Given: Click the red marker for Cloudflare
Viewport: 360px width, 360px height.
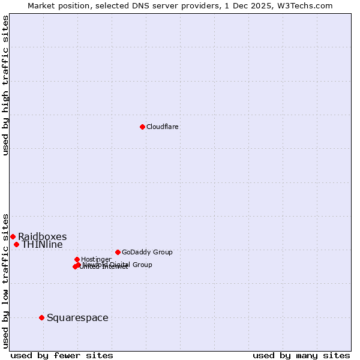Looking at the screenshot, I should tap(142, 127).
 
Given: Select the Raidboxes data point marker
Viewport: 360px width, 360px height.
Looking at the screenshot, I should tap(13, 236).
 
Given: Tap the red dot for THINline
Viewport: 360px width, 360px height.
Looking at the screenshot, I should tap(16, 244).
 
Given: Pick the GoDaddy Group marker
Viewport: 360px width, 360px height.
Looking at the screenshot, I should tap(118, 252).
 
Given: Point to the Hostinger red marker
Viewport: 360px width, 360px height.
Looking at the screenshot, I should tap(77, 259).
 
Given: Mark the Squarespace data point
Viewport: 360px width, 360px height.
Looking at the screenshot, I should tap(41, 317).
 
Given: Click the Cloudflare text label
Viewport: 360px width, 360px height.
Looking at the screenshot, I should tap(162, 127).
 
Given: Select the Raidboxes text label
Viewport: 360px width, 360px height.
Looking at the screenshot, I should tap(42, 236).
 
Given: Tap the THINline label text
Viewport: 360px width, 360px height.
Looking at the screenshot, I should tap(42, 245).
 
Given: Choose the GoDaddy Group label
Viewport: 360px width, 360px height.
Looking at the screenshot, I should tap(147, 252).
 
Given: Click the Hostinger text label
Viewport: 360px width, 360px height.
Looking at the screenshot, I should tap(96, 259).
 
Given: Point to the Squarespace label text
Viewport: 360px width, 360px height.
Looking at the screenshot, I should tap(77, 317).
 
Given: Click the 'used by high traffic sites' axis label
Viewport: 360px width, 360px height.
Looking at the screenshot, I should tap(6, 85).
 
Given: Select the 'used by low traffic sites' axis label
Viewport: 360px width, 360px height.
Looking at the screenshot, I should tap(6, 280).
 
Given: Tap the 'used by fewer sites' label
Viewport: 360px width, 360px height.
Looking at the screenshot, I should tap(62, 355).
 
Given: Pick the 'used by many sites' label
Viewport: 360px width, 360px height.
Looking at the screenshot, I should tap(301, 355).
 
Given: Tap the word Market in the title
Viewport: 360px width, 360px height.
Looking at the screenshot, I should tap(41, 5).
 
